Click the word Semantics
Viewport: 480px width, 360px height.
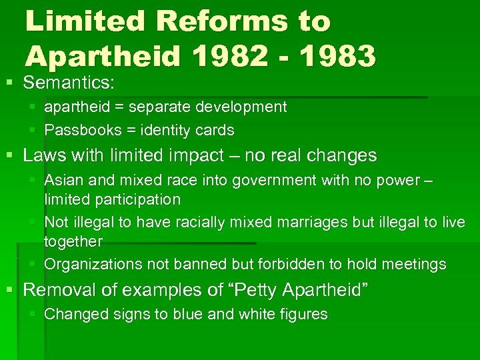(x=69, y=83)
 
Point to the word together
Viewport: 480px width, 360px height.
(x=73, y=241)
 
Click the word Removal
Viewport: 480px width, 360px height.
(x=59, y=290)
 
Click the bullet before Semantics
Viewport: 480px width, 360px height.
(x=9, y=83)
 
